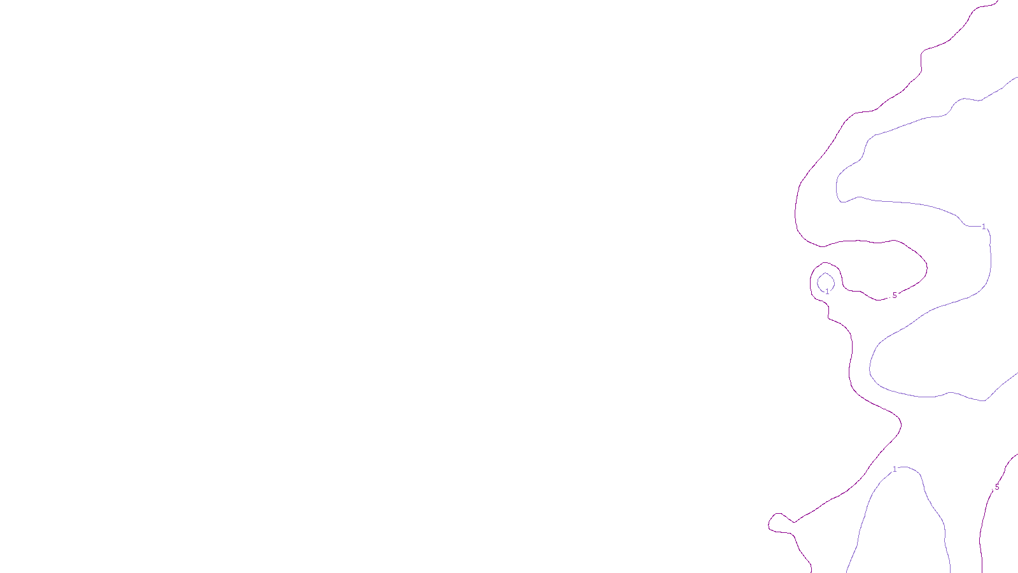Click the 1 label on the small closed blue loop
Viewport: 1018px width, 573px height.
pos(827,292)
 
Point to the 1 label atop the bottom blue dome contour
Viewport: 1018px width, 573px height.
pos(895,469)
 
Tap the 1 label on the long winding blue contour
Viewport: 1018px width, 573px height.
pos(984,227)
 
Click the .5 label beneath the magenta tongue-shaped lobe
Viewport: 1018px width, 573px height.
pos(894,295)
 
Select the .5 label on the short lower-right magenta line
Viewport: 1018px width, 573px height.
pos(996,487)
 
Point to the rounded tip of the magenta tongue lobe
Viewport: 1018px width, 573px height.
pos(926,267)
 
